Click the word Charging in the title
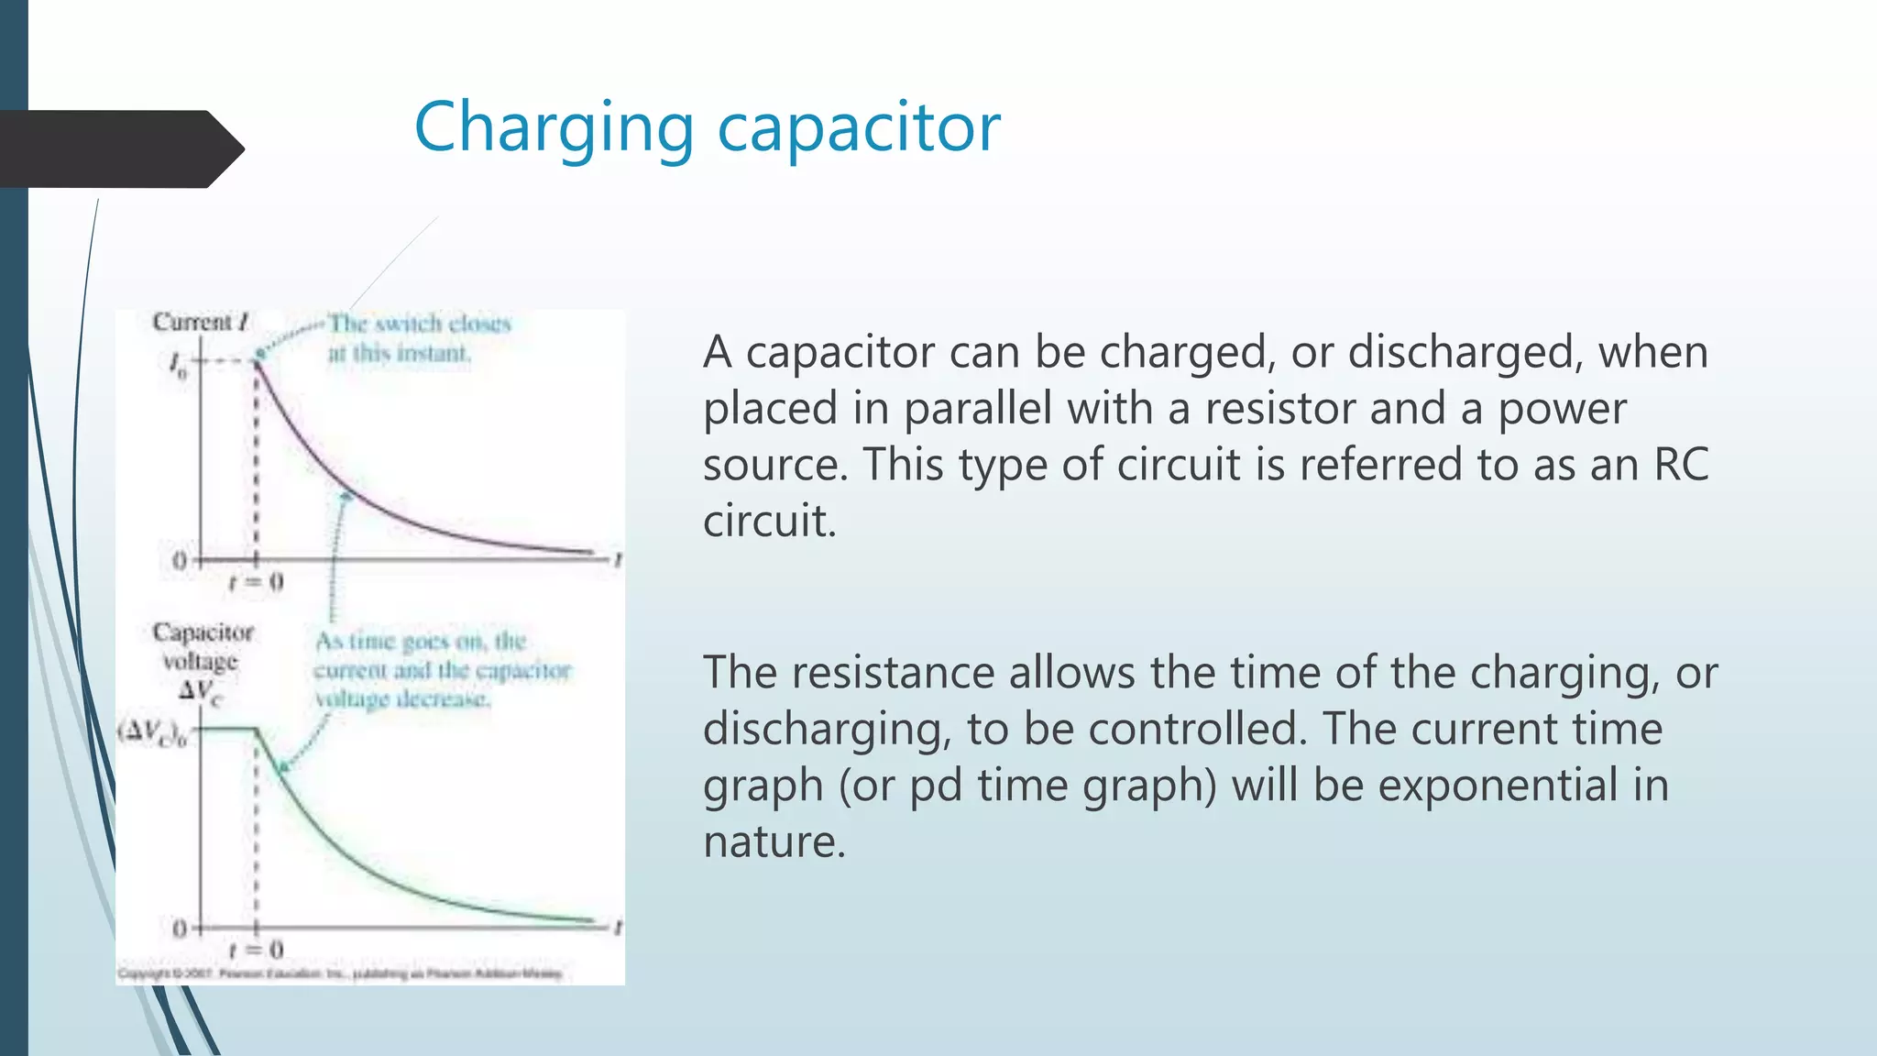point(554,128)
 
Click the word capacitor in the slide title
point(858,128)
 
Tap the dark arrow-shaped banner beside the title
point(119,149)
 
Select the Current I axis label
point(200,323)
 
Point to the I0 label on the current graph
point(177,364)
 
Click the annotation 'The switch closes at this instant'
point(418,338)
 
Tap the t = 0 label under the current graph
point(256,582)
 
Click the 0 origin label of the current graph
point(180,560)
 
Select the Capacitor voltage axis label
point(203,646)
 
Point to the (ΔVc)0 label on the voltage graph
point(152,732)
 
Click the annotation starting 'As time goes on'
point(442,670)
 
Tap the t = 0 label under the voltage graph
point(256,949)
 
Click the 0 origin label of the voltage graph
point(180,929)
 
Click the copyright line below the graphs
point(340,973)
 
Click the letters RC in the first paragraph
point(1681,465)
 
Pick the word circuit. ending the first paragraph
point(769,522)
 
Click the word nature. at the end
point(774,841)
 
